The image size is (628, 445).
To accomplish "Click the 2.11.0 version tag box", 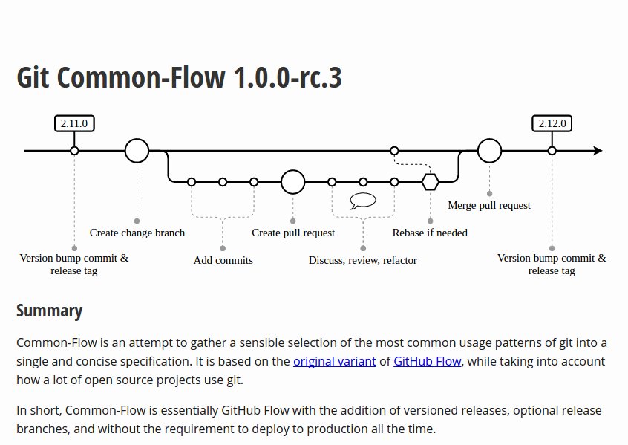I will tap(74, 123).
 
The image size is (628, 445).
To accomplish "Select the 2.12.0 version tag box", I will tap(552, 123).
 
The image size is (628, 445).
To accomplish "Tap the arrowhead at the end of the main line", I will tap(598, 151).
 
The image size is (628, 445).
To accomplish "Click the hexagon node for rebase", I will tap(430, 181).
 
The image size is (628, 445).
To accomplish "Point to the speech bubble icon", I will tap(363, 200).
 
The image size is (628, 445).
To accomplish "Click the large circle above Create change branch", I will tap(137, 151).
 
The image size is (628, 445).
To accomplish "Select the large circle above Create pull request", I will tap(293, 181).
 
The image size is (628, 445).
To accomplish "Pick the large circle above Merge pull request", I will tap(489, 151).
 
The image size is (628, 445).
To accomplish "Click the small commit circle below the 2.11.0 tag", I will tap(74, 151).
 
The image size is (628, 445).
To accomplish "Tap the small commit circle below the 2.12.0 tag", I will tap(552, 151).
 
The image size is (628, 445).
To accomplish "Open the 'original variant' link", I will tap(334, 362).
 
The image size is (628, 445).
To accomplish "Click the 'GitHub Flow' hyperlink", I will tap(428, 362).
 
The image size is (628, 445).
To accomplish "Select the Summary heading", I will tap(49, 311).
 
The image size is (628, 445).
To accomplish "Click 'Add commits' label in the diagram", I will tap(223, 260).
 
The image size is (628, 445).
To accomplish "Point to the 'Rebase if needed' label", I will tap(430, 233).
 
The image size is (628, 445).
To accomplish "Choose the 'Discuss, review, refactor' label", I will tap(362, 260).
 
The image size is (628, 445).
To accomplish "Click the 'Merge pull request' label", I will tap(489, 205).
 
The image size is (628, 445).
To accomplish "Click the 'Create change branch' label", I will tap(137, 233).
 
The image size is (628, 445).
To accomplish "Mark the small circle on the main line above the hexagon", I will tap(394, 151).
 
